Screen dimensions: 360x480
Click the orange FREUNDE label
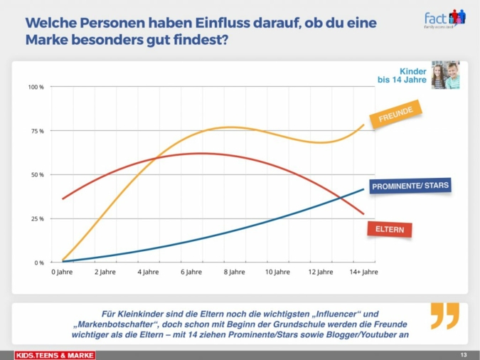[395, 115]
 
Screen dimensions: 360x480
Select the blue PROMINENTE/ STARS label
[410, 186]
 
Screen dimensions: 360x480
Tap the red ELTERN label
[390, 230]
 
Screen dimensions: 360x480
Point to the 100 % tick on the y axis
[36, 88]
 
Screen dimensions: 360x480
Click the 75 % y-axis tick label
[36, 132]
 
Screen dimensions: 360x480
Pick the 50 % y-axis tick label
[36, 175]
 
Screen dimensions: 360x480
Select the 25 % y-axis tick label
[36, 219]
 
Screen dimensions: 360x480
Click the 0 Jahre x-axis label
[62, 272]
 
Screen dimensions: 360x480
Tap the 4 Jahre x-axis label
[148, 272]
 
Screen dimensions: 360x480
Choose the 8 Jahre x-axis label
[234, 272]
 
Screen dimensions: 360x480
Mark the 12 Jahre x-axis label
[320, 272]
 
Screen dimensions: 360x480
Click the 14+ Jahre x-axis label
[363, 272]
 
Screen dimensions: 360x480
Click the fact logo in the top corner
[444, 18]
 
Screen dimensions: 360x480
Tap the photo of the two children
[445, 75]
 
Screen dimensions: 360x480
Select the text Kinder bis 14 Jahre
[402, 75]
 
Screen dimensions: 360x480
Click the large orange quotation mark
[445, 316]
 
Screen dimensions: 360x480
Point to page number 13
[463, 354]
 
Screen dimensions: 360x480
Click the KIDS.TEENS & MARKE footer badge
[55, 354]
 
